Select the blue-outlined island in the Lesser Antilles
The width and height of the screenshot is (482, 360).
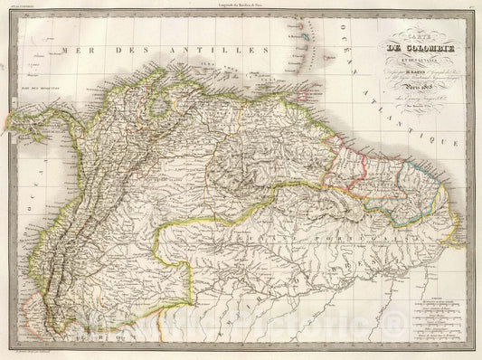coord(302,51)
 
